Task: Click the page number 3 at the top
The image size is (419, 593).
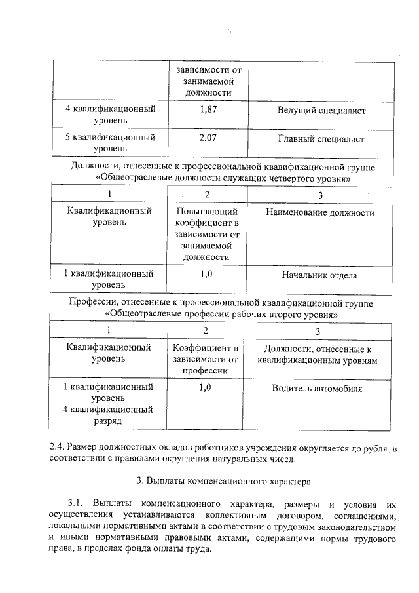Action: pos(230,30)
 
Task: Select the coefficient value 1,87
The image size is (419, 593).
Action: pos(207,110)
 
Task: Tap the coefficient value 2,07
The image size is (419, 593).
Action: pos(207,138)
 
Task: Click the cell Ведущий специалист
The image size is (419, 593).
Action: pos(321,111)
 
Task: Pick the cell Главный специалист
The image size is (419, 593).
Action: pos(321,139)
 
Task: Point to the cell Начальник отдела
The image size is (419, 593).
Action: pos(321,275)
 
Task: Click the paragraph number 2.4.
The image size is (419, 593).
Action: pos(59,447)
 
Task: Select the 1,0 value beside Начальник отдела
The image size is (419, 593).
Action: pos(207,275)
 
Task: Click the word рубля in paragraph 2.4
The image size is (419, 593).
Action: pos(376,447)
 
